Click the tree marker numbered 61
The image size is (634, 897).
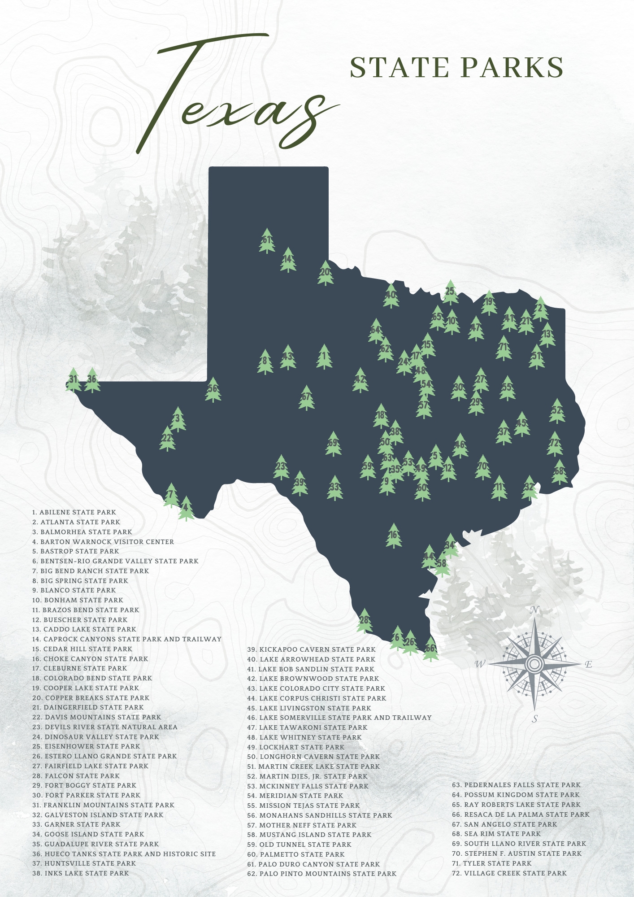(x=267, y=241)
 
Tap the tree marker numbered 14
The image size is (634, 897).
(x=288, y=260)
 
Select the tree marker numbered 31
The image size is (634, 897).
(x=73, y=380)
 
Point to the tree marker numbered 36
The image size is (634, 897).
(x=92, y=380)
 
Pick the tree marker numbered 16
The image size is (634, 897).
(x=394, y=536)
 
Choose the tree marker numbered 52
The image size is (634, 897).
(x=557, y=411)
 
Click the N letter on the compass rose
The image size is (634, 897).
(x=534, y=610)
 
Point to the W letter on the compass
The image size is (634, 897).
(x=480, y=664)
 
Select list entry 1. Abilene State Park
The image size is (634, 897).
(x=74, y=512)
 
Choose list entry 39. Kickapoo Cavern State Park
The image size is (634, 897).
(x=311, y=649)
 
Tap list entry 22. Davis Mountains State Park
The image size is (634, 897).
(x=96, y=717)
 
